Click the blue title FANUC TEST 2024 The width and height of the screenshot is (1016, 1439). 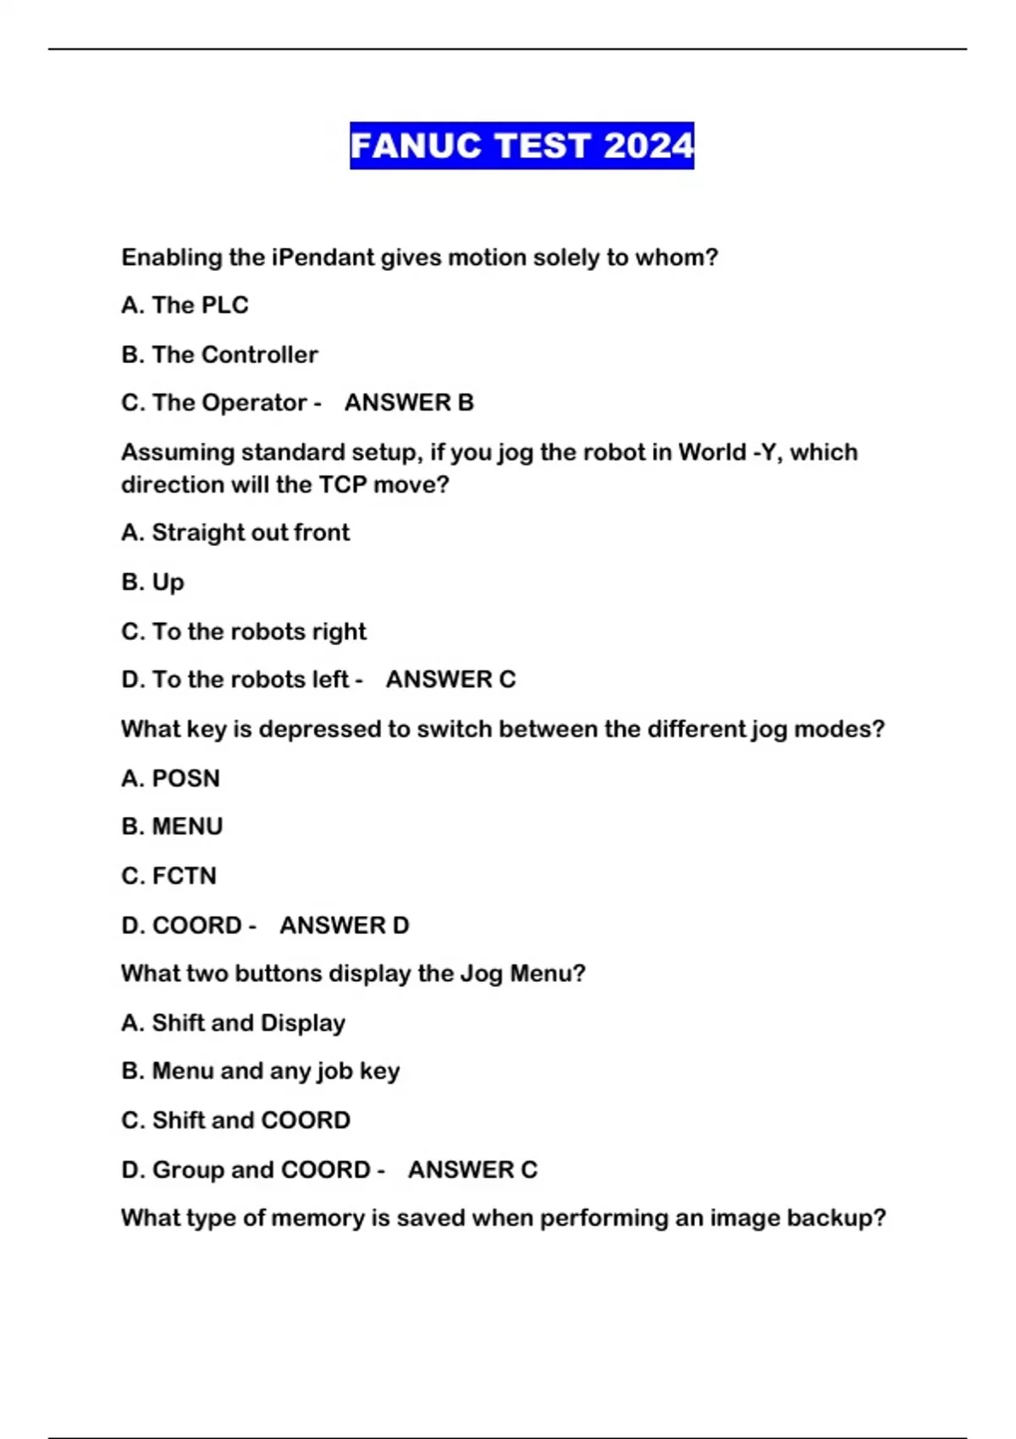(x=522, y=146)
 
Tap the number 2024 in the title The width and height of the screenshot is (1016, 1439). (x=649, y=146)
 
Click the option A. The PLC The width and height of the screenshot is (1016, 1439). (x=185, y=305)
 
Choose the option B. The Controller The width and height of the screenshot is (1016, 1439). (x=219, y=355)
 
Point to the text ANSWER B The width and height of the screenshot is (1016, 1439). (x=409, y=403)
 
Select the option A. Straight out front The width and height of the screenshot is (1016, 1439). (x=235, y=532)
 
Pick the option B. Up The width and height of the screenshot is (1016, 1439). (x=152, y=582)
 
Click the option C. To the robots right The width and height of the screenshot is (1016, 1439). (x=244, y=631)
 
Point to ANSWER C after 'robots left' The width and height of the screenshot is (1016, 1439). (x=450, y=680)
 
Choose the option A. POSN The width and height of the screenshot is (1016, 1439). (x=170, y=778)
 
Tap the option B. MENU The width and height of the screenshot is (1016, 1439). (x=172, y=826)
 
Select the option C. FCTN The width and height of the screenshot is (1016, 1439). (x=168, y=875)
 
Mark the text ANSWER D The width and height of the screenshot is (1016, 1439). (x=344, y=925)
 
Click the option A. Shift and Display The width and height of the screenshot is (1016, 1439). (x=233, y=1023)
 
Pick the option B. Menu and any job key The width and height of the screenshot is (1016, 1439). (x=260, y=1071)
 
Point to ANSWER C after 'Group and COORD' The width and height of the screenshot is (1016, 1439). (x=472, y=1170)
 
